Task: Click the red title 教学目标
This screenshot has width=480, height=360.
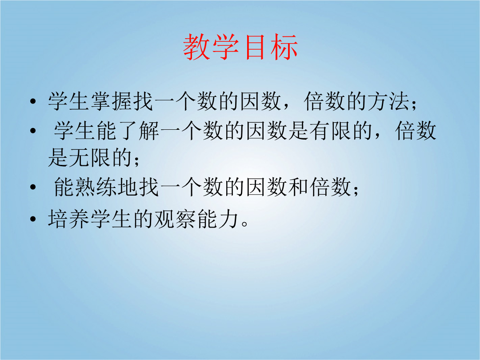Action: coord(240,47)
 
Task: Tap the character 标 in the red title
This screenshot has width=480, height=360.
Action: coord(284,47)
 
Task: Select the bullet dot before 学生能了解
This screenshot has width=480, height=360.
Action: coord(33,131)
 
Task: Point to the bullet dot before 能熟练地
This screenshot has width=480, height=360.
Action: coord(33,188)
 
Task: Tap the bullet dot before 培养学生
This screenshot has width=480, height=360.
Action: coord(33,219)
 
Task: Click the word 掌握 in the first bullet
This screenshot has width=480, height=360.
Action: coord(112,101)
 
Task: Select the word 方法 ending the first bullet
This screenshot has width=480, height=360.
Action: coord(388,101)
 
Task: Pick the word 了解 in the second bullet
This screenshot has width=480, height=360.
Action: coord(138,131)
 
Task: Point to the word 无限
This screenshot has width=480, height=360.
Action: coord(90,158)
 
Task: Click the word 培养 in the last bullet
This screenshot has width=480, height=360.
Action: coord(69,219)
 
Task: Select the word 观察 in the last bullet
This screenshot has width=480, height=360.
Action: coord(175,219)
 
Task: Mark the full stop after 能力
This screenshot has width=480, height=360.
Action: coord(244,224)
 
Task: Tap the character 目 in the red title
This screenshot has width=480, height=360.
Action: coord(255,47)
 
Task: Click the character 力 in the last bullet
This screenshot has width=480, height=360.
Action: coord(228,219)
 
